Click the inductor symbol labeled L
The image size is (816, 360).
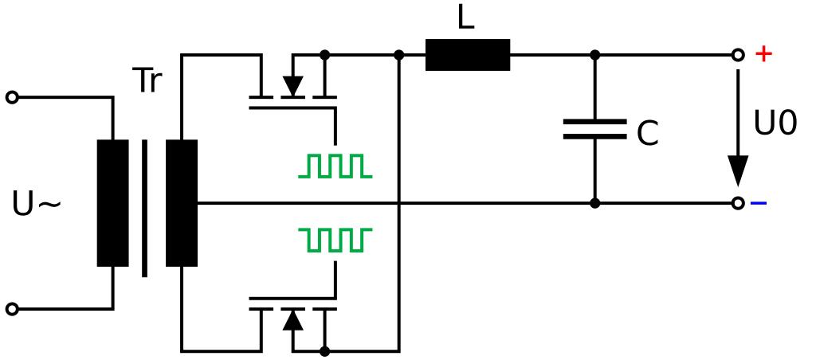tap(468, 55)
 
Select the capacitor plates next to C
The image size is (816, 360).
tap(594, 129)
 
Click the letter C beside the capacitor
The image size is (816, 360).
tap(647, 135)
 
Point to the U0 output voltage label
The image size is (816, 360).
tap(775, 125)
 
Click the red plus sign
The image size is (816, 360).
tap(763, 54)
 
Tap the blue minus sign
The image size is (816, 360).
tap(759, 203)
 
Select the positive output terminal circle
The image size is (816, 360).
tap(738, 55)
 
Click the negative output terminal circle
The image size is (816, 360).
tap(738, 203)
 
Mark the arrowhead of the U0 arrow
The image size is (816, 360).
tap(738, 170)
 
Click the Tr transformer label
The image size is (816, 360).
tap(147, 81)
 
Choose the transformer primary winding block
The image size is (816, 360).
tap(112, 203)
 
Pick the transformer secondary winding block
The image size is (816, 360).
tap(182, 203)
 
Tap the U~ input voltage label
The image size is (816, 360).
tap(37, 205)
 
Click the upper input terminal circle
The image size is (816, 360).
tap(12, 97)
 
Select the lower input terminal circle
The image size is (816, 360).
tap(12, 308)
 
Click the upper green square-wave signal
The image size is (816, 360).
tap(335, 166)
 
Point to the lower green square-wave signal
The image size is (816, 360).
tap(335, 238)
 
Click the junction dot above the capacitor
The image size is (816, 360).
tap(594, 55)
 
